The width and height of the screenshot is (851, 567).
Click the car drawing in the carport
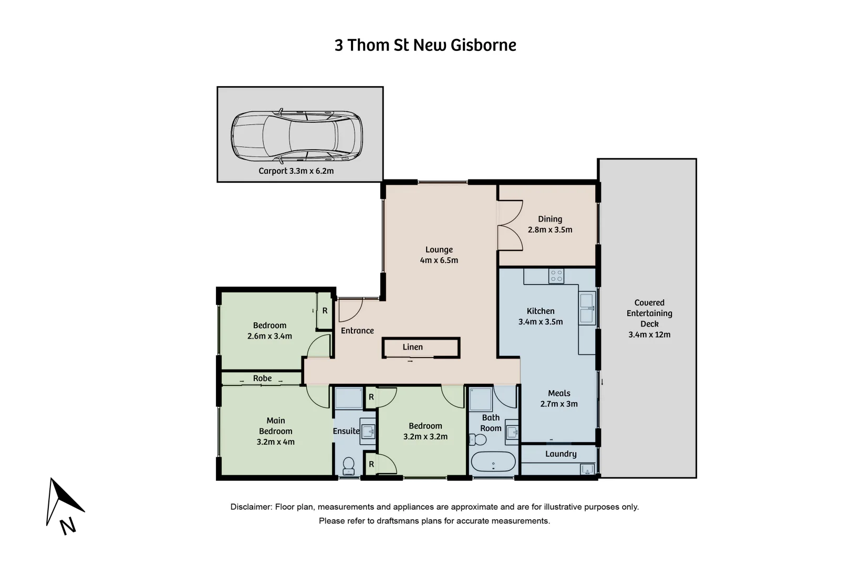coord(297,136)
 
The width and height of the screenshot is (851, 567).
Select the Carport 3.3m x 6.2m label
coord(296,171)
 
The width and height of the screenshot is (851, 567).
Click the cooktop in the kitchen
coord(556,276)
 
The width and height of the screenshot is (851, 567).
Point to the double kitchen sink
coord(587,309)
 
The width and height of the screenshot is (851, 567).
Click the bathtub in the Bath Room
coord(493,462)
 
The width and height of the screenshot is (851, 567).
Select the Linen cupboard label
coord(412,347)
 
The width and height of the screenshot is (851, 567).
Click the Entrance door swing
coord(349,310)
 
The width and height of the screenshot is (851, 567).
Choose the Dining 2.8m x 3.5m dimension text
coord(550,230)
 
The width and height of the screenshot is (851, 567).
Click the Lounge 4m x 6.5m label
coord(439,255)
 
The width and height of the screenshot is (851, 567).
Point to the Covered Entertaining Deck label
coord(649,318)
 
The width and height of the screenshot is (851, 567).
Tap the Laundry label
coord(561,454)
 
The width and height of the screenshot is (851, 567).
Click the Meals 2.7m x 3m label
coord(559,398)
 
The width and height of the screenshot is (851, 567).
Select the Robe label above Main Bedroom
coord(262,379)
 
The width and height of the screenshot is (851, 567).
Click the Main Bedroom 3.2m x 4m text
coord(276,431)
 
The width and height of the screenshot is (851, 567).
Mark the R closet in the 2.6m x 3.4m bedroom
coord(325,311)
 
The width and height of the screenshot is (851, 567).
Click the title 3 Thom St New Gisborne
coord(426,45)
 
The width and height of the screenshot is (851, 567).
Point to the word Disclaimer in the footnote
coord(251,507)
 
